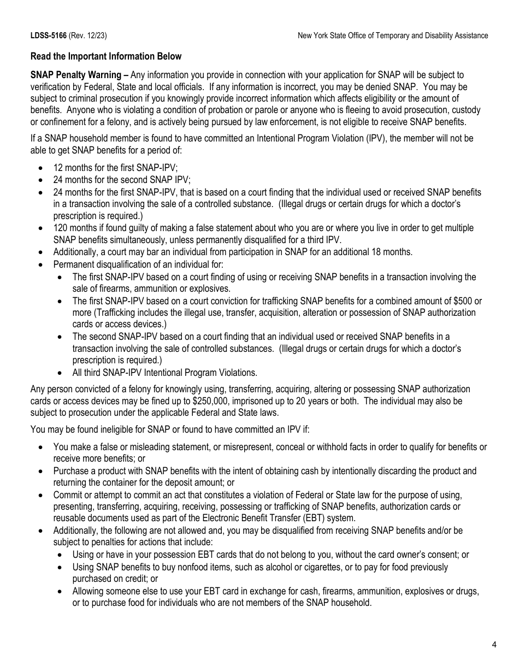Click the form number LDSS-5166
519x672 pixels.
[49, 36]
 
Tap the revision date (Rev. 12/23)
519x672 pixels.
[87, 36]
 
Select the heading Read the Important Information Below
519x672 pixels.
[106, 56]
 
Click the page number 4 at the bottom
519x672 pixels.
[494, 644]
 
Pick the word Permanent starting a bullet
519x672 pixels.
[74, 265]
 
